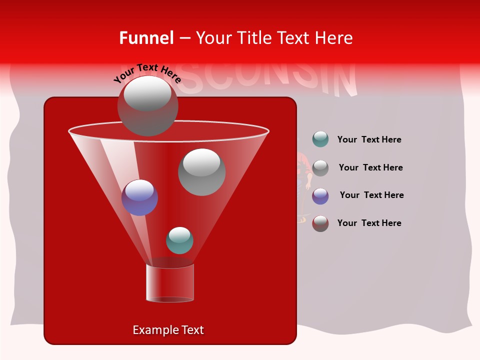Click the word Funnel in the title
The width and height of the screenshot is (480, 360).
click(146, 38)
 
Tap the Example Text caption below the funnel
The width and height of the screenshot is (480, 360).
click(168, 330)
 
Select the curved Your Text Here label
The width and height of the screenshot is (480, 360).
click(147, 73)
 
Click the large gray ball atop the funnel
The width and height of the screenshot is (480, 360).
click(147, 105)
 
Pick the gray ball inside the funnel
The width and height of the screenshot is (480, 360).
click(201, 172)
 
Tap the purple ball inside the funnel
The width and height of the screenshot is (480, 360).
click(139, 197)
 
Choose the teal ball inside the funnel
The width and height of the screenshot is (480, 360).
click(179, 240)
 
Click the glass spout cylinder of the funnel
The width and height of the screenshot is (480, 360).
click(170, 283)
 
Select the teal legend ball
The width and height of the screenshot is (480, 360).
click(320, 139)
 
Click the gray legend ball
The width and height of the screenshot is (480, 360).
click(320, 168)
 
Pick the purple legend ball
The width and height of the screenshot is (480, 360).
click(320, 196)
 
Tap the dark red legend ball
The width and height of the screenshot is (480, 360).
click(320, 223)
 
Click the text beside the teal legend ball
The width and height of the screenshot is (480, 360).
click(369, 140)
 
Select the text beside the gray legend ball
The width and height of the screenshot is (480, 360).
click(370, 168)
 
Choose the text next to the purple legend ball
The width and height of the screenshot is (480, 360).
click(371, 195)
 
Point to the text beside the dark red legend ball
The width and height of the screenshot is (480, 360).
click(369, 223)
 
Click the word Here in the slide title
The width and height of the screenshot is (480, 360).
click(334, 38)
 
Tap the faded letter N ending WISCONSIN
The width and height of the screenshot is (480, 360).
click(344, 78)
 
